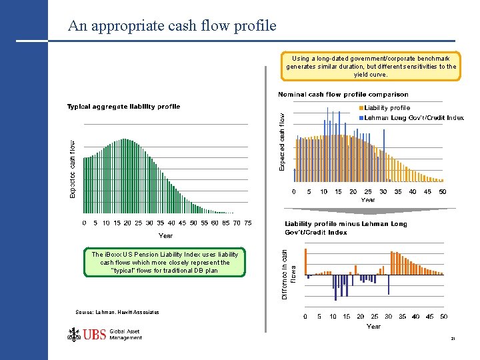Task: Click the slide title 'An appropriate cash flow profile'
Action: (171, 26)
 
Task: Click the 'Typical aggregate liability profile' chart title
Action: (123, 107)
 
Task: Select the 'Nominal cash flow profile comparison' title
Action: (343, 95)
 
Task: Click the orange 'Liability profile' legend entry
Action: (387, 108)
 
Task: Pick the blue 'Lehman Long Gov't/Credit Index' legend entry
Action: (413, 118)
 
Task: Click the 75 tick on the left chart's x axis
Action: (247, 223)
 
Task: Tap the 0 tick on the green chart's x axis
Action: (84, 223)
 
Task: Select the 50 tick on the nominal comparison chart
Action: (442, 191)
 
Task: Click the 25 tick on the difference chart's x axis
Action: (375, 317)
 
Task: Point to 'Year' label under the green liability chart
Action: (165, 235)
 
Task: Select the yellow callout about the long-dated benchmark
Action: (371, 66)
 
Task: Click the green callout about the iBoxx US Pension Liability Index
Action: (165, 263)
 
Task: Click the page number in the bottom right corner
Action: (453, 340)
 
